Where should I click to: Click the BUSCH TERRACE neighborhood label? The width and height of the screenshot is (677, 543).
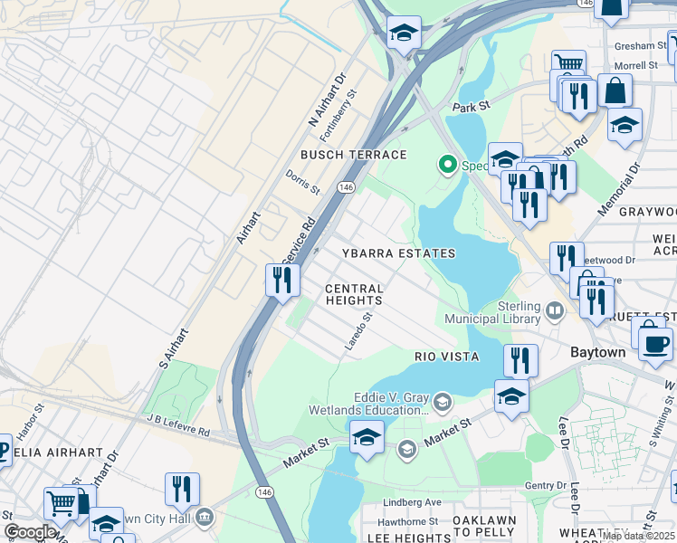[354, 156]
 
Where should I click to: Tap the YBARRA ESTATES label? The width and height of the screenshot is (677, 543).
[398, 254]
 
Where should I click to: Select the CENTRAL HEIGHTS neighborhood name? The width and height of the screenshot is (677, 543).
[355, 294]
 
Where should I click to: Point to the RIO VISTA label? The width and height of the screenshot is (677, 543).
[447, 357]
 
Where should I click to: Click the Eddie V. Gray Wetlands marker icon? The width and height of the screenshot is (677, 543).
[443, 401]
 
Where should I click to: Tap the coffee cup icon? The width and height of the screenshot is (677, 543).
[655, 343]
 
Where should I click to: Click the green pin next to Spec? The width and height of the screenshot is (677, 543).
[446, 165]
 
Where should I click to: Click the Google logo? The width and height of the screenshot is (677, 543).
[30, 532]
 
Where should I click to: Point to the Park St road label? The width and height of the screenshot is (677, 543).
[471, 107]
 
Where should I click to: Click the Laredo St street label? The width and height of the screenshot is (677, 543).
[358, 332]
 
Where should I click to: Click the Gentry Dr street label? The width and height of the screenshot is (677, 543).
[546, 486]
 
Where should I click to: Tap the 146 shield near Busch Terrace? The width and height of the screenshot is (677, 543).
[346, 186]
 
